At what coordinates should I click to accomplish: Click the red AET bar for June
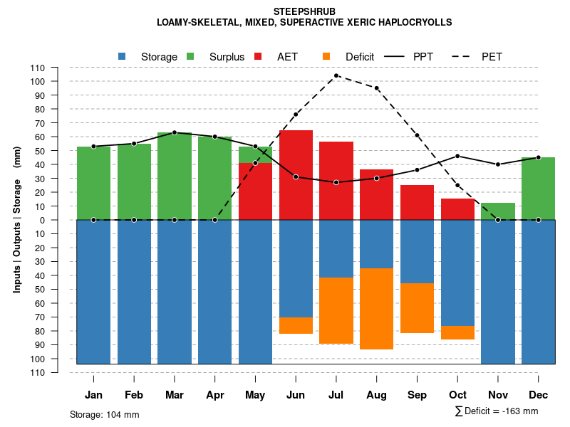[296, 175]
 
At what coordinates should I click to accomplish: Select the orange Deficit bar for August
[376, 309]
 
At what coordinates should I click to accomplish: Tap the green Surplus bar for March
[175, 176]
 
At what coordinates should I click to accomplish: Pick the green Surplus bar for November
[498, 211]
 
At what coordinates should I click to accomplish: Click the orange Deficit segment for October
[457, 332]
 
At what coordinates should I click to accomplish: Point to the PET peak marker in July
[336, 75]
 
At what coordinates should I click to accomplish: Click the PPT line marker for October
[457, 156]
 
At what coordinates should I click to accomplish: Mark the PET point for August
[376, 88]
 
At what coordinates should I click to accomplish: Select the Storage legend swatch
[123, 56]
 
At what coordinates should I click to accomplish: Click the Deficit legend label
[360, 57]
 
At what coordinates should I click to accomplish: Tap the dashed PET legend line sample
[460, 56]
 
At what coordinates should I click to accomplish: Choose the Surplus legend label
[227, 57]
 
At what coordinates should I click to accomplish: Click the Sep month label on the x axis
[417, 395]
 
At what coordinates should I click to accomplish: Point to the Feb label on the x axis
[134, 395]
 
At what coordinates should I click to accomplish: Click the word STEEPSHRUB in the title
[304, 12]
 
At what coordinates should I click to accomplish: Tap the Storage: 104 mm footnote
[104, 414]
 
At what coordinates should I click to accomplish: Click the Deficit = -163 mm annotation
[497, 411]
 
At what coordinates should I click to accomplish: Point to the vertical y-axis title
[16, 221]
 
